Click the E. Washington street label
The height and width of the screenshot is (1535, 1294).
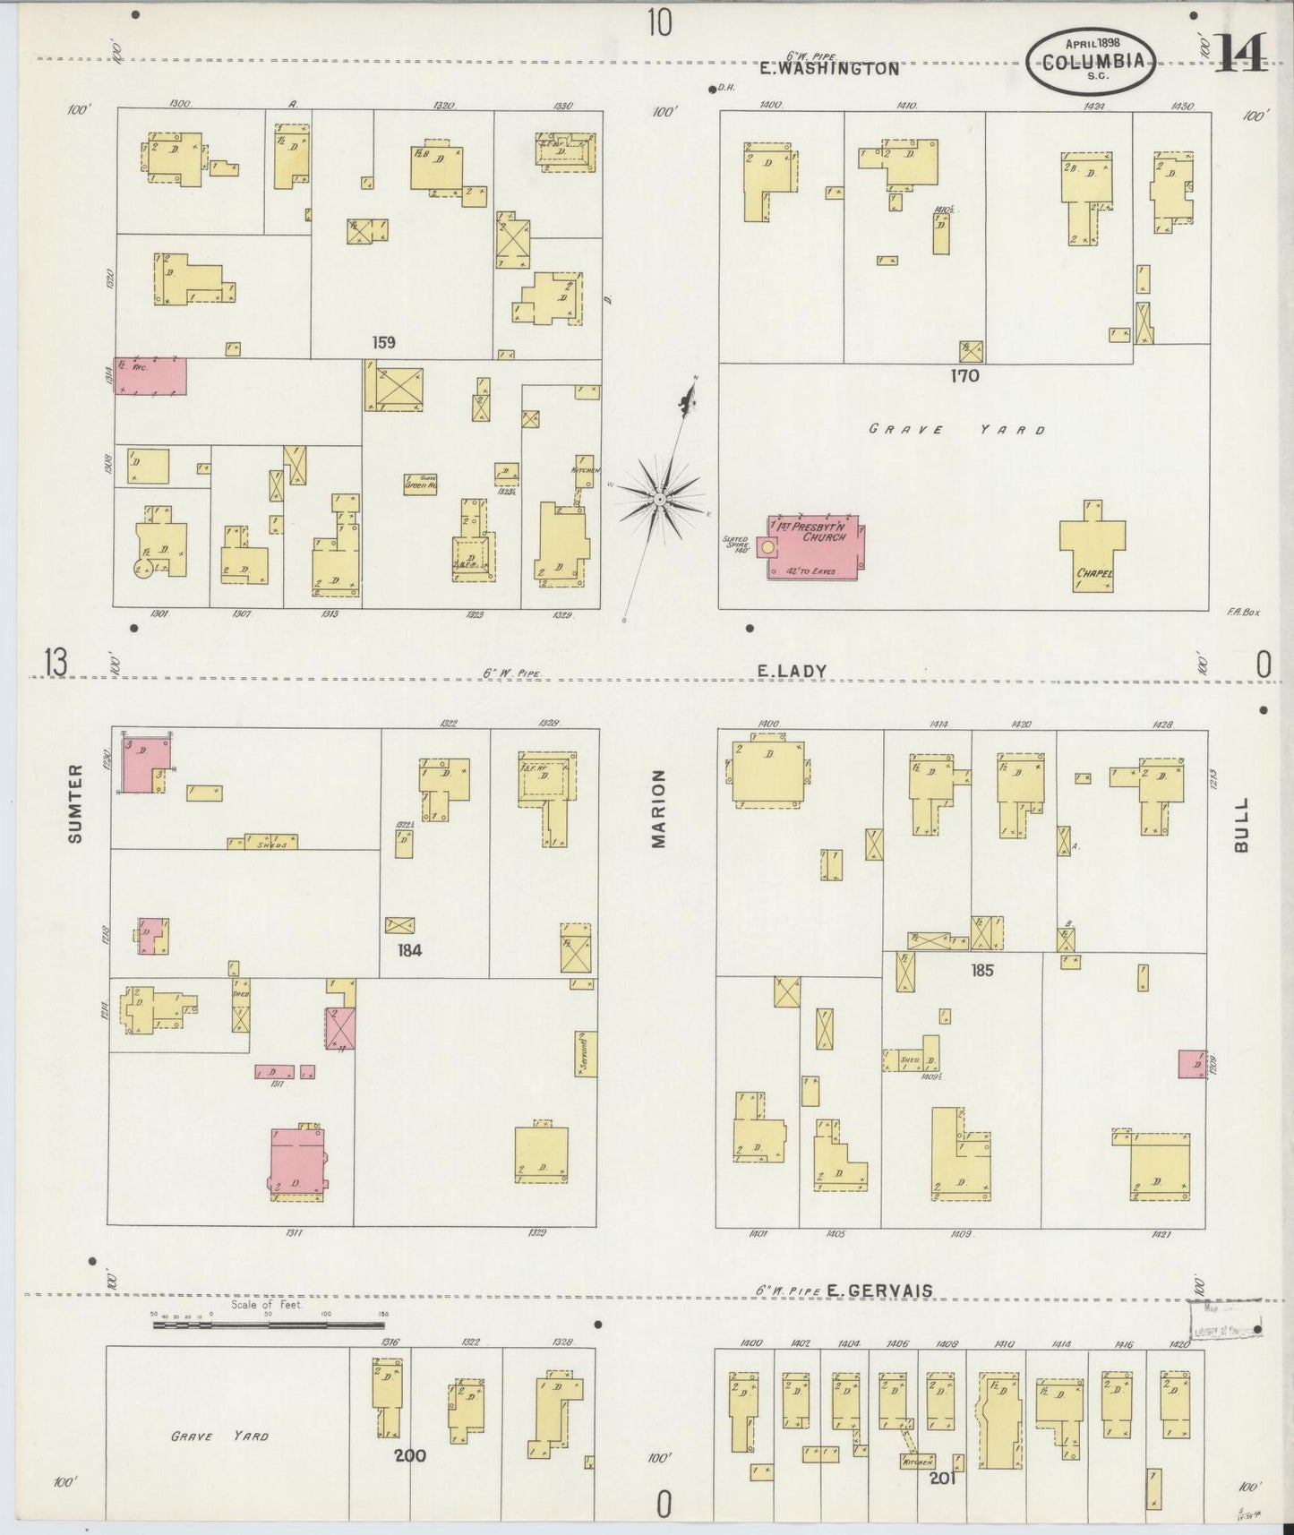click(828, 68)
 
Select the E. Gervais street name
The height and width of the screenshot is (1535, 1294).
click(878, 1291)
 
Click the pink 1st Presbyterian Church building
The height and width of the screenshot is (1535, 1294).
click(812, 546)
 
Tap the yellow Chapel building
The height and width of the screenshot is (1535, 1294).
click(1093, 546)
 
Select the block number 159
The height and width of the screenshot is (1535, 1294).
click(384, 342)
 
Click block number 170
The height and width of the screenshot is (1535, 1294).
click(964, 376)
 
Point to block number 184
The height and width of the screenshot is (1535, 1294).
click(410, 950)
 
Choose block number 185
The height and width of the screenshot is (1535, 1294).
click(981, 970)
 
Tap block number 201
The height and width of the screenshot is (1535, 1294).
click(942, 1479)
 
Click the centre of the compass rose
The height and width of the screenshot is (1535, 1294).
click(658, 498)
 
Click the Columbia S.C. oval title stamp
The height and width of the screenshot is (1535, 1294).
click(1092, 60)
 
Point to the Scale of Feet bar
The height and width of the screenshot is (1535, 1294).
click(269, 1323)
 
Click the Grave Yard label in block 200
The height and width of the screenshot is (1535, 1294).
click(219, 1436)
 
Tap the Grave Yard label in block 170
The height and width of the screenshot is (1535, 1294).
click(957, 430)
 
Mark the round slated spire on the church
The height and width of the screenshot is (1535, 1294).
click(767, 546)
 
